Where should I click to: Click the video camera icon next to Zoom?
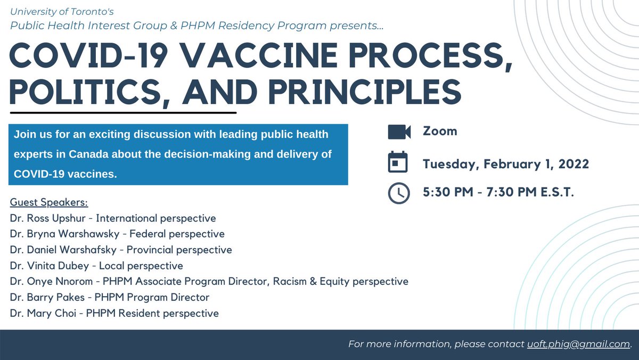tap(399, 132)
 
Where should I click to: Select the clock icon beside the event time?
tap(399, 193)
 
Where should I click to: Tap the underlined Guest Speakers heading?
tap(49, 203)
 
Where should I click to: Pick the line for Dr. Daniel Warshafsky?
tap(121, 250)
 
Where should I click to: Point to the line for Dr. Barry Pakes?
tap(109, 297)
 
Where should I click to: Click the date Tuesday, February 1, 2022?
tap(506, 163)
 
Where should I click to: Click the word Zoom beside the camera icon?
tap(440, 131)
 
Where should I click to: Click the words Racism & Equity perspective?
tap(341, 281)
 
